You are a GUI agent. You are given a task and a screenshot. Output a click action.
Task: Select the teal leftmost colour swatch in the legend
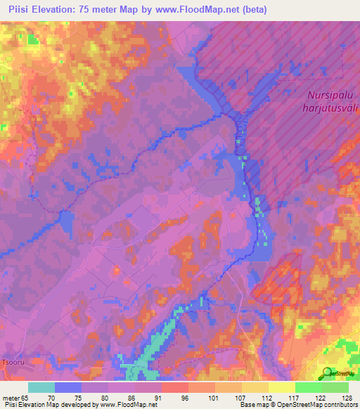tap(41, 387)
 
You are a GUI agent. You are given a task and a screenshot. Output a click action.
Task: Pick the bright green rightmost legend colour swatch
tap(335, 387)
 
